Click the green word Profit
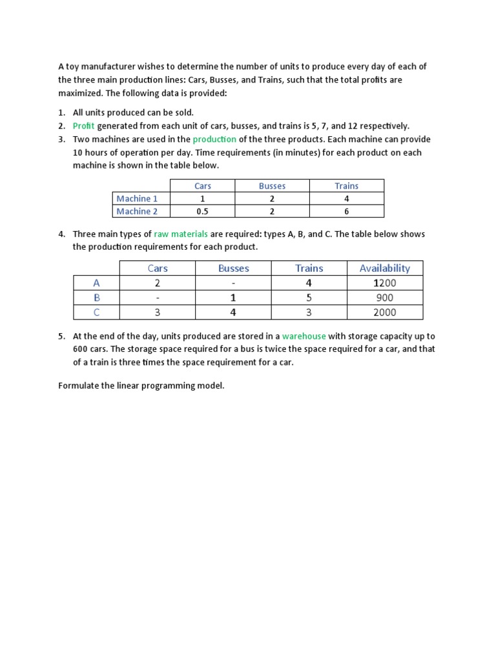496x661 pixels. (84, 126)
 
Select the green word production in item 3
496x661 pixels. (214, 139)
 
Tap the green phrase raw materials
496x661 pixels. (181, 234)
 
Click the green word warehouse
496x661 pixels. (304, 336)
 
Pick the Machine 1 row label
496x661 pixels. (137, 199)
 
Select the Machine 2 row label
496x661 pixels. (137, 211)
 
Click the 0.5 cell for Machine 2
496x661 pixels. (202, 211)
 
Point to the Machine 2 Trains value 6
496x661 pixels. (346, 211)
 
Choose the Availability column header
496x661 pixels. (385, 268)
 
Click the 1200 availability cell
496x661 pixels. (385, 283)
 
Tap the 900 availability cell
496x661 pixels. (385, 298)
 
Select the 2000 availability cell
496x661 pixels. (385, 312)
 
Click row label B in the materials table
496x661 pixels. (97, 298)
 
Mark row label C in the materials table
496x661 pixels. (97, 312)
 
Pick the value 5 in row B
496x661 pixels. (309, 298)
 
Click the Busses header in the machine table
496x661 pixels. (272, 186)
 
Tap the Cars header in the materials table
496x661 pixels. (158, 268)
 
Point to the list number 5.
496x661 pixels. (61, 336)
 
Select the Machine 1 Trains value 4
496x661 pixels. (346, 199)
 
